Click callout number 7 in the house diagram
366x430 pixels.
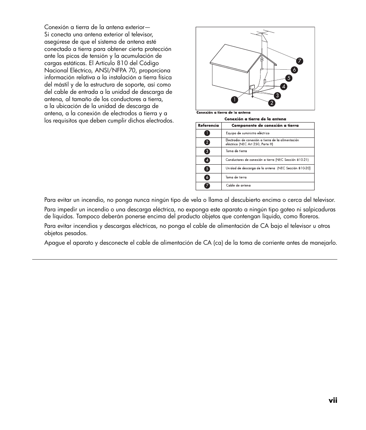point(299,61)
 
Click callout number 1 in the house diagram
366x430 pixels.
point(233,100)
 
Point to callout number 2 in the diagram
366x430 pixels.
point(271,103)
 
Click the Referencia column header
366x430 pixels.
point(208,126)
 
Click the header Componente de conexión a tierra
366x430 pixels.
point(265,126)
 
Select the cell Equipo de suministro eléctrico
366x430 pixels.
point(247,133)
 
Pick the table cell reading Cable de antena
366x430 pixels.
point(238,186)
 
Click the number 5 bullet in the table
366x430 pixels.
point(207,168)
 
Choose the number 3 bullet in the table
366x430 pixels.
point(207,151)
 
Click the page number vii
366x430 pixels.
point(333,401)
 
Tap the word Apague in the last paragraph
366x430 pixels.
point(54,243)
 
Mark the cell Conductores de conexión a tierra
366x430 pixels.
point(267,160)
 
